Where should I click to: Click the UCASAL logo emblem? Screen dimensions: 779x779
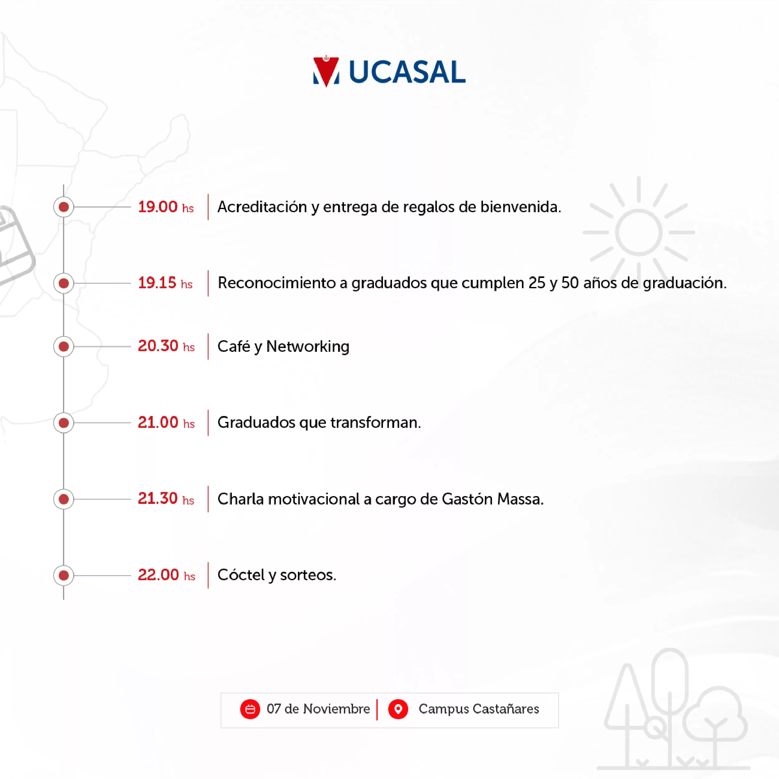pyautogui.click(x=326, y=71)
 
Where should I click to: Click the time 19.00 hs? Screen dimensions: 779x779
pyautogui.click(x=166, y=207)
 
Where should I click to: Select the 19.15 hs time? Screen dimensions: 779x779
pyautogui.click(x=165, y=283)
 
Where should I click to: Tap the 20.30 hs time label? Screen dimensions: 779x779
pyautogui.click(x=166, y=346)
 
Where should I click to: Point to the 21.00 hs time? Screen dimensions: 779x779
pyautogui.click(x=166, y=423)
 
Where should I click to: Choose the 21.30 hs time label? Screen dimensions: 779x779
pyautogui.click(x=166, y=499)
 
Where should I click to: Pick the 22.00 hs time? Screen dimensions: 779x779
pyautogui.click(x=166, y=575)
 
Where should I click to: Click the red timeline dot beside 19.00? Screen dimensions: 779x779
pyautogui.click(x=64, y=207)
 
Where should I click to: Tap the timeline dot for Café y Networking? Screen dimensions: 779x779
pyautogui.click(x=64, y=346)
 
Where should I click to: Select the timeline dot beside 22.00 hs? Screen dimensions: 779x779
pyautogui.click(x=64, y=576)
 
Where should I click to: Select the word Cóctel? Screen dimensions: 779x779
pyautogui.click(x=241, y=575)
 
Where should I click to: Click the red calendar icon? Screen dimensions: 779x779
pyautogui.click(x=250, y=709)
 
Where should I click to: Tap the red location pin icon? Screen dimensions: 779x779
pyautogui.click(x=398, y=709)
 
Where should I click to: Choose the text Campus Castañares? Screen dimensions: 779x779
pyautogui.click(x=479, y=709)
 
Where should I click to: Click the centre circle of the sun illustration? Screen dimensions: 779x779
pyautogui.click(x=639, y=232)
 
